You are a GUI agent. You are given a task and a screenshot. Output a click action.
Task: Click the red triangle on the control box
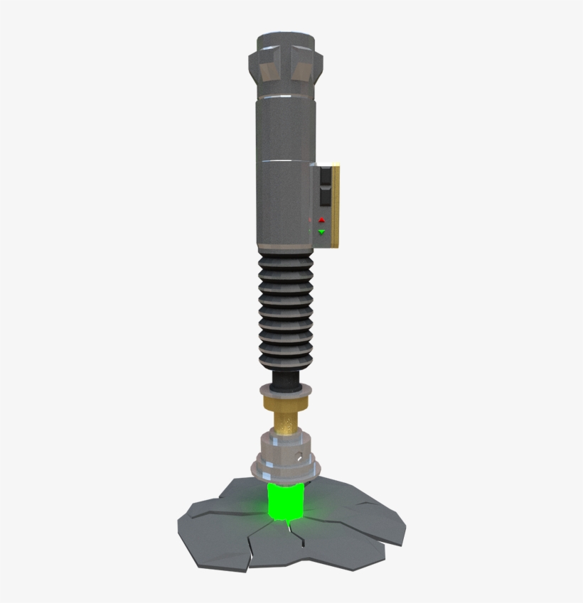[321, 221]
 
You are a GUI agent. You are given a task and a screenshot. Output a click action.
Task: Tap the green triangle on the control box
[321, 232]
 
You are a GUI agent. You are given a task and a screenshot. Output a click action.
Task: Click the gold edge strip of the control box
[337, 206]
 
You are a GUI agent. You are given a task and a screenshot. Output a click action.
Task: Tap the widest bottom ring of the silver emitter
[284, 469]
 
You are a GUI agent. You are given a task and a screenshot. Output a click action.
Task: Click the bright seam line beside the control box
[284, 164]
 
